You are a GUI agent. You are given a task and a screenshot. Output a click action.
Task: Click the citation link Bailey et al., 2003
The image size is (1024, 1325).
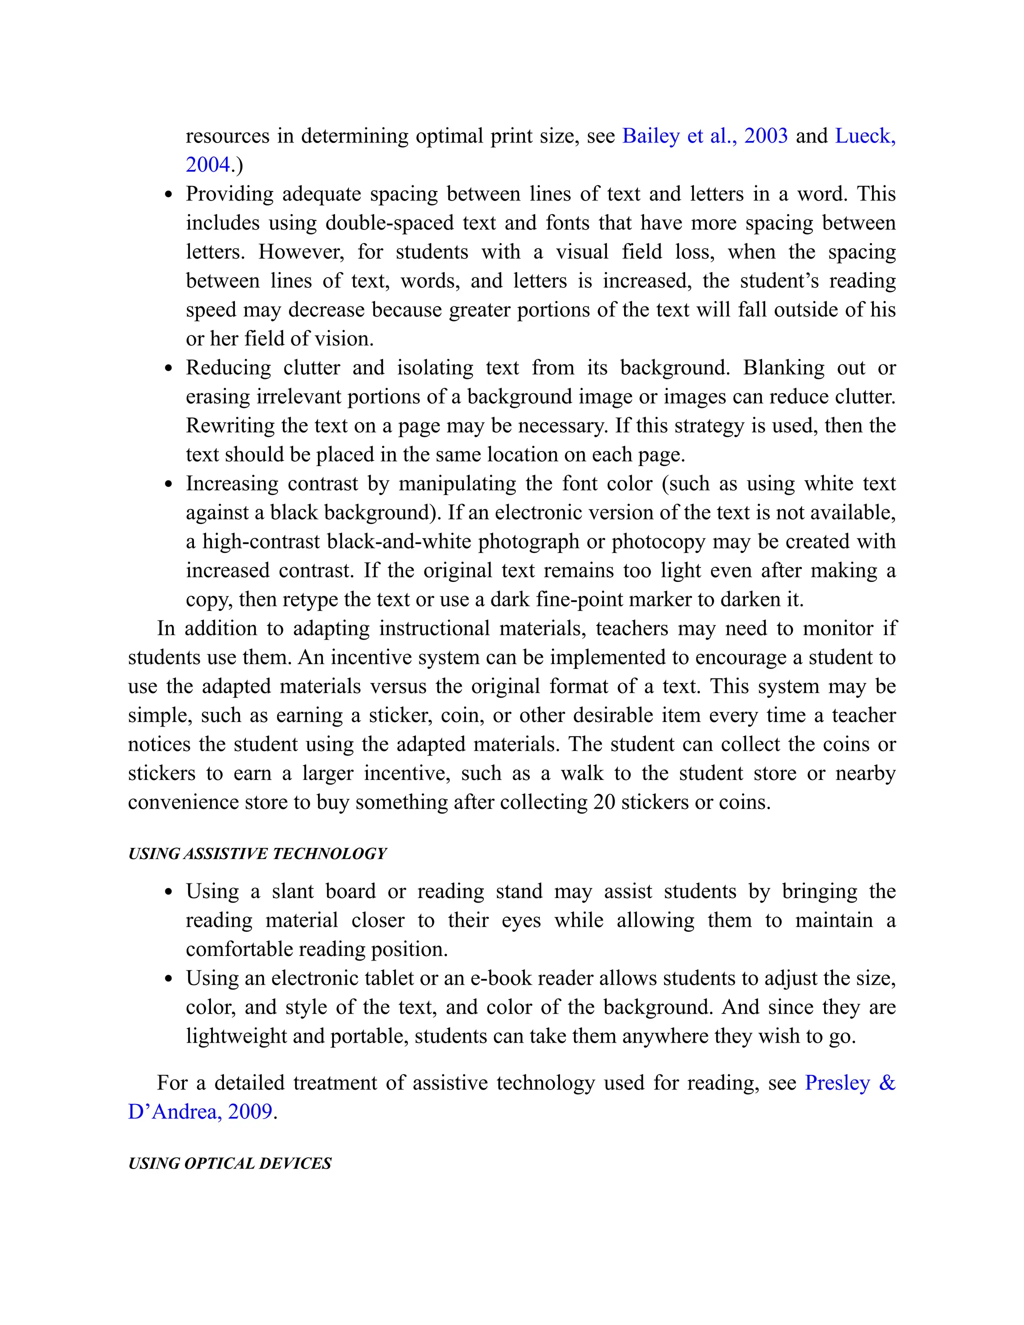point(705,136)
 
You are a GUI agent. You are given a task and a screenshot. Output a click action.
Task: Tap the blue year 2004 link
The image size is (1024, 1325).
point(208,165)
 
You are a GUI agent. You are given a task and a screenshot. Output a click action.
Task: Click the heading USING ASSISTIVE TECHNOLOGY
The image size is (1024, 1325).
point(257,853)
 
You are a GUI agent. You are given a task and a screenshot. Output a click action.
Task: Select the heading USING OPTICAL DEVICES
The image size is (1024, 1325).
point(229,1163)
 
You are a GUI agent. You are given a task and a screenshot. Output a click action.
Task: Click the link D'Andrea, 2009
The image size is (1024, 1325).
point(200,1111)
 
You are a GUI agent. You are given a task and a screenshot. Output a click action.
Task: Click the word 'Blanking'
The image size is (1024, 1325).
point(783,367)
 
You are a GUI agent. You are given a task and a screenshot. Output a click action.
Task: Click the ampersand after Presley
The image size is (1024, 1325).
point(886,1083)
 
